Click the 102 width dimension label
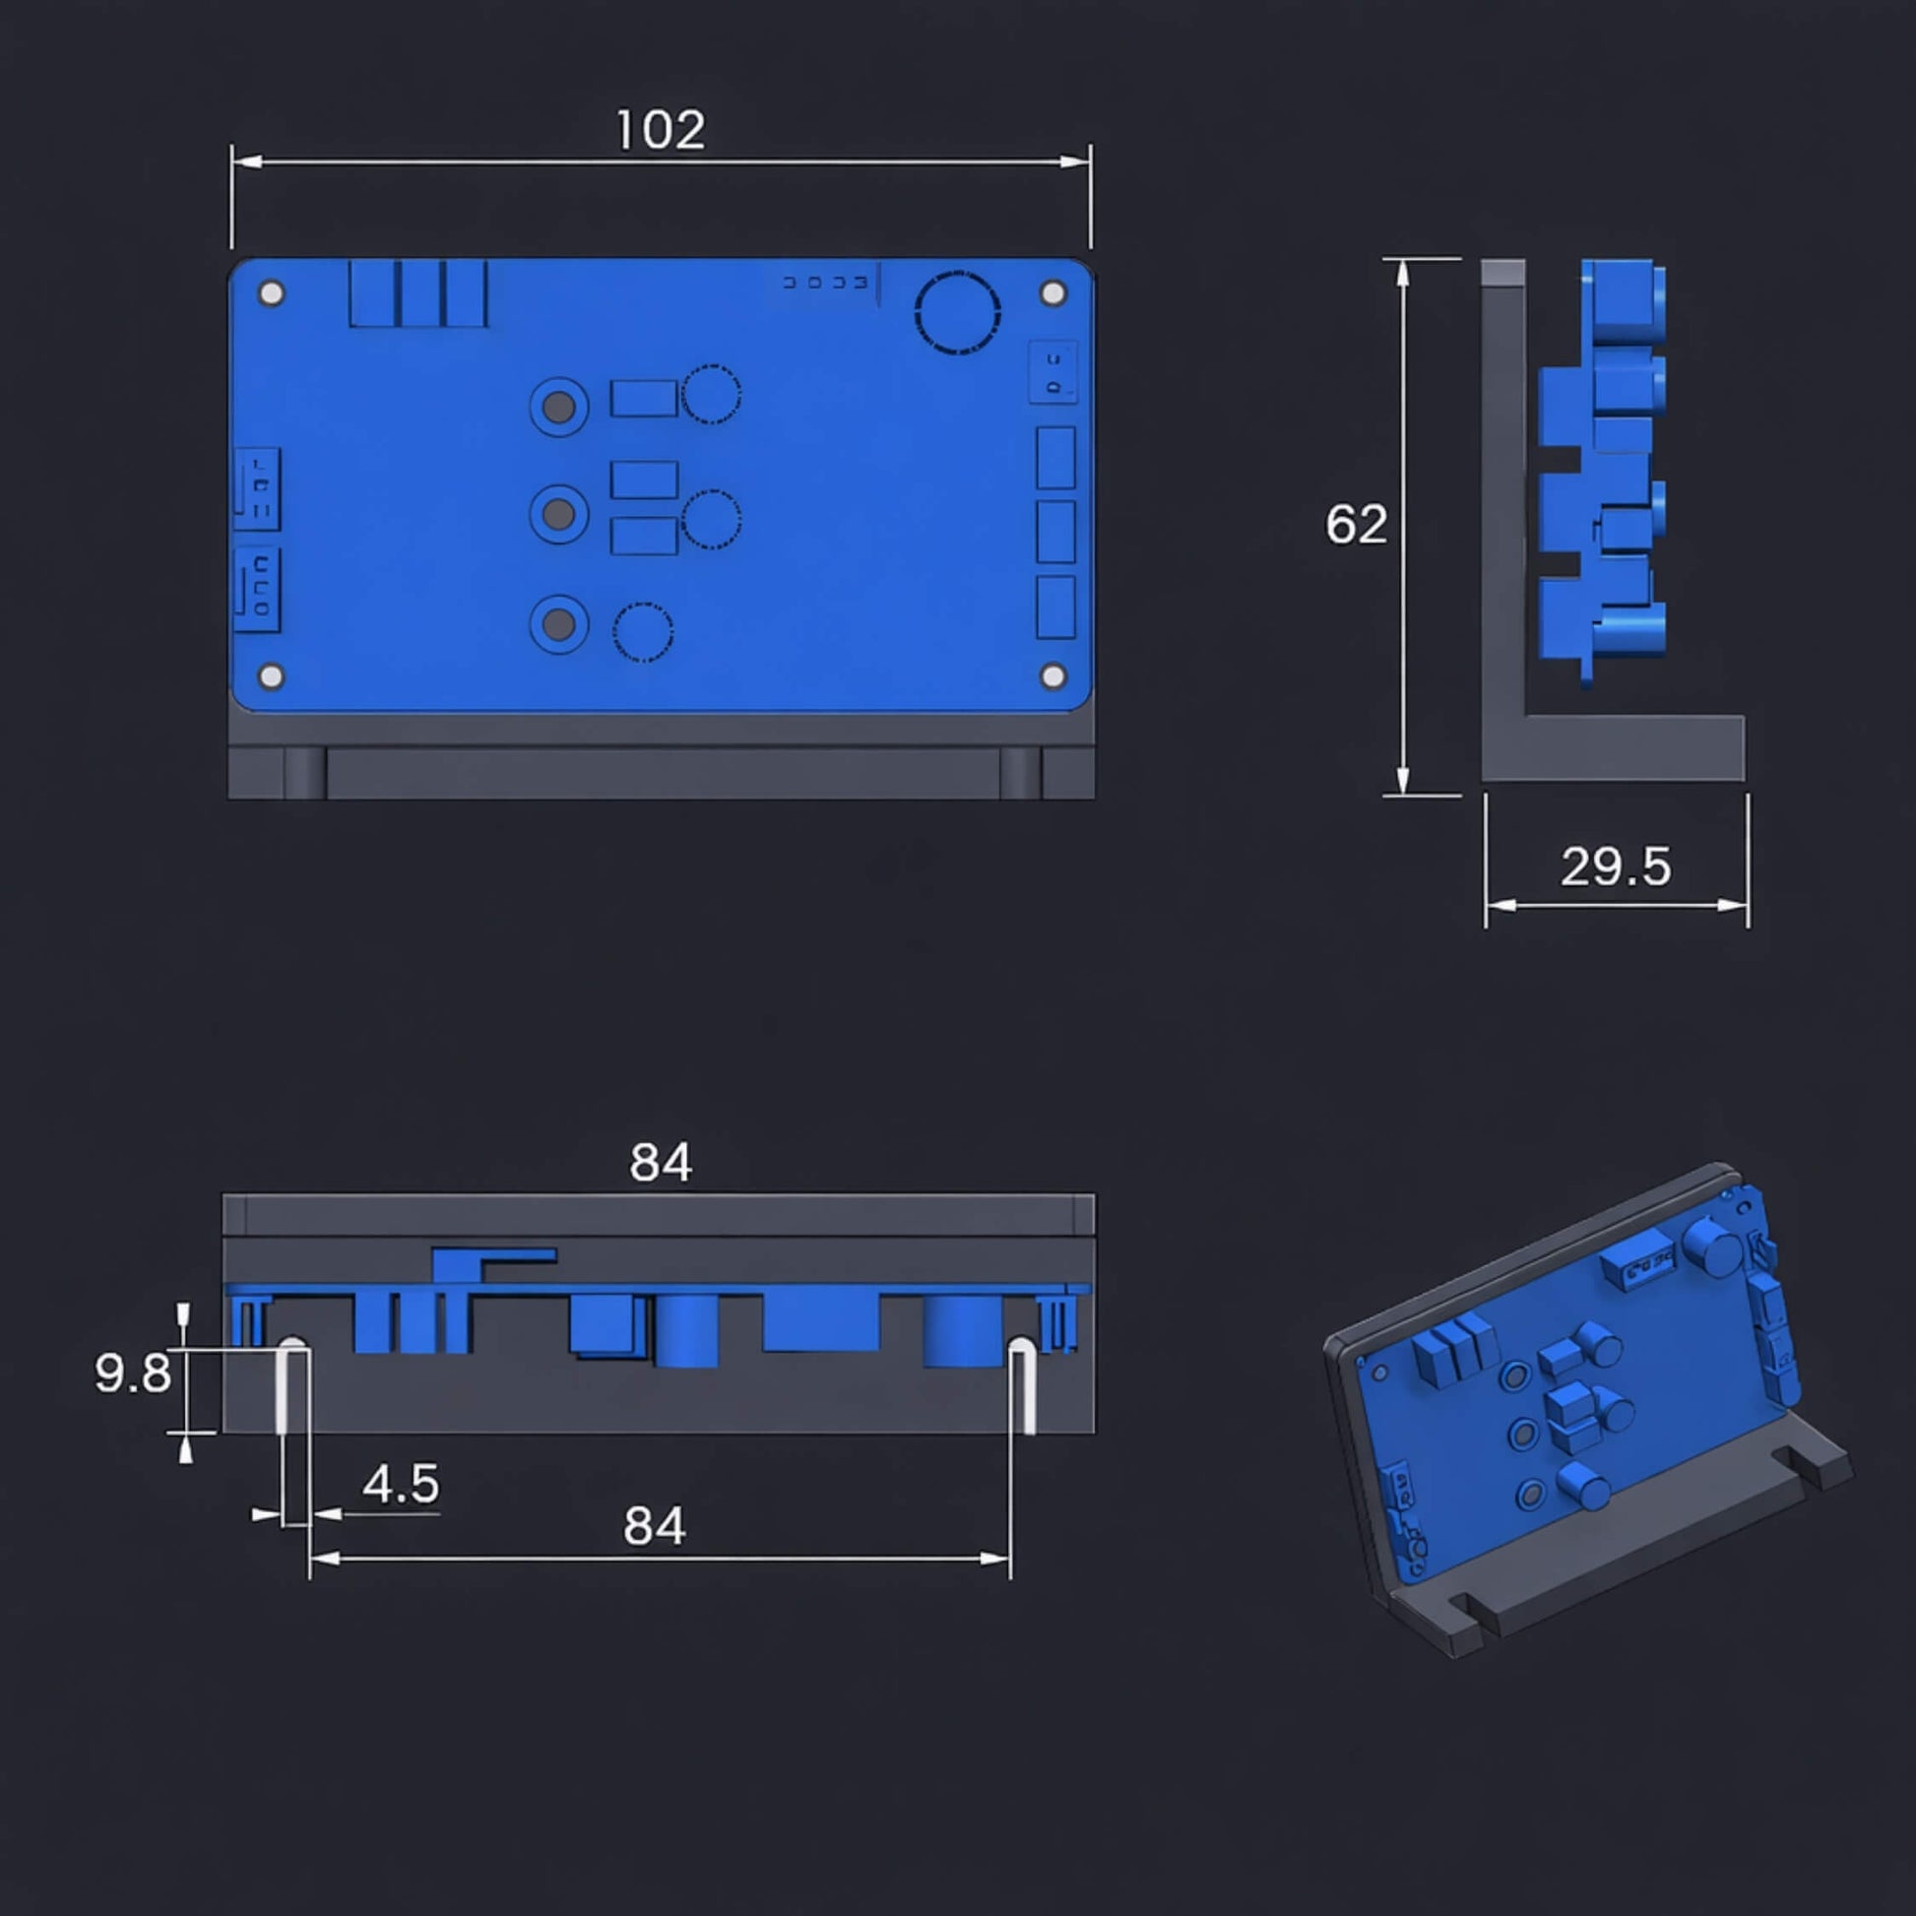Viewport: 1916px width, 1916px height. (x=661, y=130)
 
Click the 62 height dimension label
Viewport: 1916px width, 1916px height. (x=1356, y=524)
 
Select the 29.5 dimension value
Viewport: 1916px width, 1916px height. (x=1616, y=866)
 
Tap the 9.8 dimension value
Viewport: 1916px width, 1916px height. (x=132, y=1373)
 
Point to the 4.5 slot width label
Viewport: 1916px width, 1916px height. (x=401, y=1485)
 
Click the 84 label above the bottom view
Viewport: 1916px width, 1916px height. (x=661, y=1162)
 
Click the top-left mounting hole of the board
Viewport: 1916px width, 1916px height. (x=271, y=293)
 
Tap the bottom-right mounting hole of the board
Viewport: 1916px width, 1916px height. (x=1054, y=676)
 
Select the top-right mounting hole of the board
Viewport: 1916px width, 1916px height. (x=1054, y=293)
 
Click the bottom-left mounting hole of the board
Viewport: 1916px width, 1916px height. (x=271, y=676)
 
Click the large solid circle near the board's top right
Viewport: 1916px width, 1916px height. (x=957, y=312)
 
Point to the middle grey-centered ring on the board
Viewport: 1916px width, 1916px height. (x=559, y=515)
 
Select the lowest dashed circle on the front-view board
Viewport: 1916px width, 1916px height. (x=643, y=632)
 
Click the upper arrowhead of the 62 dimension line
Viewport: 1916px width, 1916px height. (x=1402, y=273)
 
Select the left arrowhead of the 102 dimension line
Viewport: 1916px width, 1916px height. (x=245, y=161)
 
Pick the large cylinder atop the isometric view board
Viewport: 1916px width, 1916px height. (x=1713, y=1247)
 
